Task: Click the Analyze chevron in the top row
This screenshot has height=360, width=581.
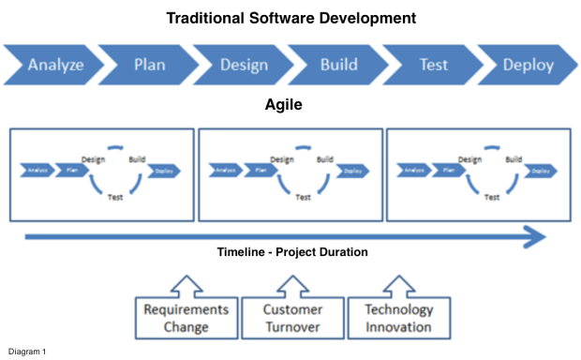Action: [x=54, y=66]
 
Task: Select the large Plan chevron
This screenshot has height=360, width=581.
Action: [x=150, y=66]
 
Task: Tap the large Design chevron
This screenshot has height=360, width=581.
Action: [x=244, y=66]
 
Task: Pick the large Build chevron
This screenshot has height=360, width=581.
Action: [x=338, y=66]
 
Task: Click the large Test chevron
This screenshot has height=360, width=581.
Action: [x=433, y=66]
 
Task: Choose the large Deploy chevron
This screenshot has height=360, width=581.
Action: [x=528, y=66]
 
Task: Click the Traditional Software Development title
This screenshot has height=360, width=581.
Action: [x=290, y=18]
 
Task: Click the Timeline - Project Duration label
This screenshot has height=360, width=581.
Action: [x=290, y=252]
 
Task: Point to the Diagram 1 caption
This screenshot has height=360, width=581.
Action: [x=26, y=352]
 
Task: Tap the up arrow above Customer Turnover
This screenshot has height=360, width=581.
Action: [x=292, y=284]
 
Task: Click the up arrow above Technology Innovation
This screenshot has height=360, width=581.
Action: [x=398, y=284]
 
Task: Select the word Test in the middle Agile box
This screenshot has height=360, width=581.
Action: [x=303, y=198]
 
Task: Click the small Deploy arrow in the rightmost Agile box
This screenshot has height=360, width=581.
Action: [x=539, y=171]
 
